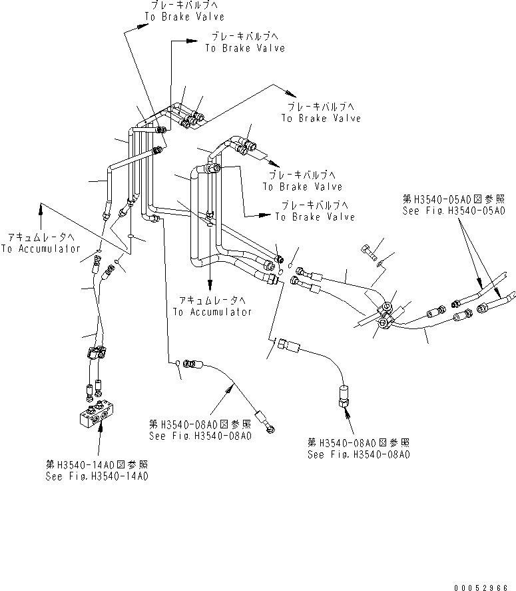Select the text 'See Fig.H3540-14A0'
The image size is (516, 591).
97,476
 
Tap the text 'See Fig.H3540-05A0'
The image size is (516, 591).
453,210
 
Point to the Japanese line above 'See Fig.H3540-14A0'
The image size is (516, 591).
97,464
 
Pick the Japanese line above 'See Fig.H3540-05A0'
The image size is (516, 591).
453,198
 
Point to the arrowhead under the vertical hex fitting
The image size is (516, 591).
347,412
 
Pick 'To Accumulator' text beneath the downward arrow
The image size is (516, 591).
212,311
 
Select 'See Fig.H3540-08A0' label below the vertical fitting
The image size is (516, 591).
358,454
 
